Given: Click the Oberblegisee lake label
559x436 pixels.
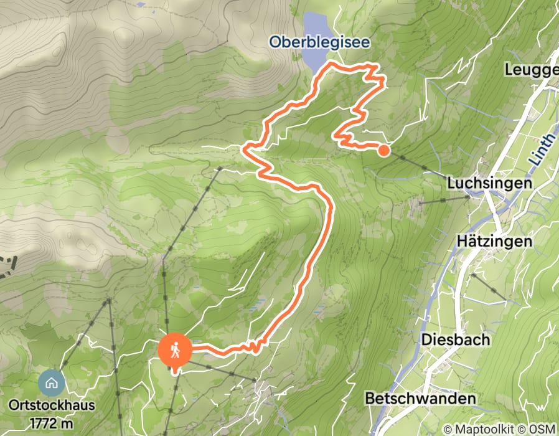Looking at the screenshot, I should point(319,42).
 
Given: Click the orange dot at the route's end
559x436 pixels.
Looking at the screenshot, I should point(383,149).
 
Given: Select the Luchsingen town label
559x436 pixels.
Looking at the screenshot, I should point(490,183).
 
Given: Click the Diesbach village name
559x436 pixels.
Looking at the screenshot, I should point(456,340).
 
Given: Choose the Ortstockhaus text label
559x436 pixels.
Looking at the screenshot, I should point(52,405).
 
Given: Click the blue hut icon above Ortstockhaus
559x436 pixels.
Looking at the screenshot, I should point(51,381).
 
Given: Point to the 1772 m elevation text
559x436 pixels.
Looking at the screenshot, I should point(52,424).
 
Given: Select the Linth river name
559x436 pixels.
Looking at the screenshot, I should point(541,150).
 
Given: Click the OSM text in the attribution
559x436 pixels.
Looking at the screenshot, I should point(543,429).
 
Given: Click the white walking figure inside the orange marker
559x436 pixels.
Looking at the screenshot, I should point(176,349).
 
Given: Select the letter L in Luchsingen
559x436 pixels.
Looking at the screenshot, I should point(451,183).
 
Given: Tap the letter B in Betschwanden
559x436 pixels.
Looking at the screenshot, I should point(370,398).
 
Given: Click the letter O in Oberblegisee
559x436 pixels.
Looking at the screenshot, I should point(275,42).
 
